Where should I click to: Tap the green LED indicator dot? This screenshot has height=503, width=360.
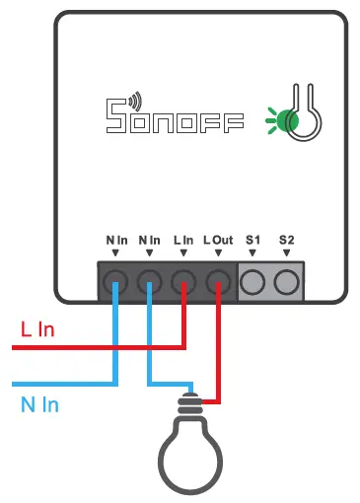(287, 120)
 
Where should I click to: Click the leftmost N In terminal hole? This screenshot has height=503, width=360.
(115, 282)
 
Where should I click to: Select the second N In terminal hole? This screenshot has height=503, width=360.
(149, 282)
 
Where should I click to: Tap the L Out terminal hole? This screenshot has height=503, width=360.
(217, 282)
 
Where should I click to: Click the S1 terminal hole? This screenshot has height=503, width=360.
(252, 282)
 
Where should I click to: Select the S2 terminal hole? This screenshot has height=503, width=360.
(286, 282)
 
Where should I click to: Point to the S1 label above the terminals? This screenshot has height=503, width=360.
(252, 240)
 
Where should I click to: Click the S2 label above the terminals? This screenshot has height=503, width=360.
(286, 240)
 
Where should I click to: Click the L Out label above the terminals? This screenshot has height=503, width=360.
(217, 240)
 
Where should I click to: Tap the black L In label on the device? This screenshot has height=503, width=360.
(183, 240)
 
